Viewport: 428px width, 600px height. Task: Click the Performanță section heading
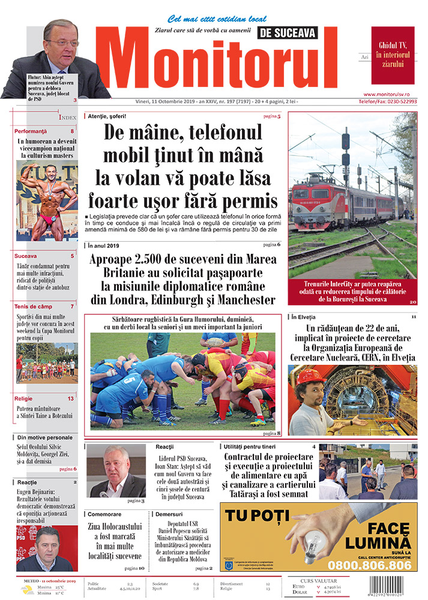[x=31, y=131]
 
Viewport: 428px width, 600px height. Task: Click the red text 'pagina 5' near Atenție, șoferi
[x=271, y=115]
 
